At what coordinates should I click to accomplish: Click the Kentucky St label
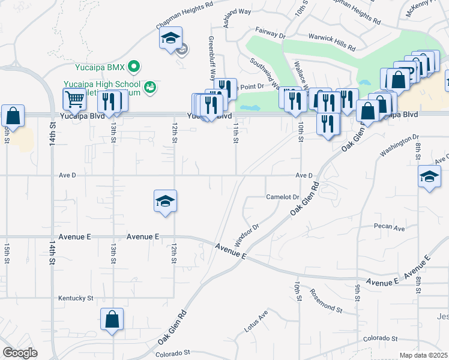(76, 298)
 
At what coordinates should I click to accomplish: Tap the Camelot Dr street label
(282, 197)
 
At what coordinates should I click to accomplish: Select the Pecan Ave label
(390, 228)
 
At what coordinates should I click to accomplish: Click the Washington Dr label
(399, 146)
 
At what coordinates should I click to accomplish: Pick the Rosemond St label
(325, 301)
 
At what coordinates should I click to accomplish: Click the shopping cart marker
(74, 99)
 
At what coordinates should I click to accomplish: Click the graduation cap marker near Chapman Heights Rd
(170, 39)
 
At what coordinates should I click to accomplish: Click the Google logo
(20, 353)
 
